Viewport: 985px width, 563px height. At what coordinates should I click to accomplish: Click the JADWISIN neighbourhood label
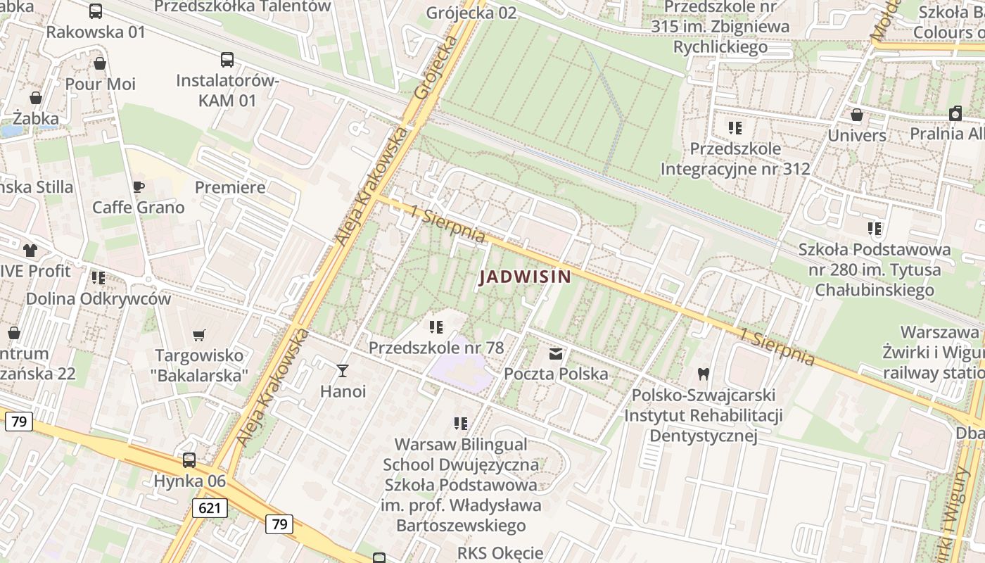click(525, 277)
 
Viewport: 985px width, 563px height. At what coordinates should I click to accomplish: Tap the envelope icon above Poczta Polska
click(556, 353)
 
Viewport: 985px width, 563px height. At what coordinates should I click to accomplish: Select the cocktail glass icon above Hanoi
click(343, 370)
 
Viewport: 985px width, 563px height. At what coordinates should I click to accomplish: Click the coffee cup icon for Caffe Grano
click(139, 186)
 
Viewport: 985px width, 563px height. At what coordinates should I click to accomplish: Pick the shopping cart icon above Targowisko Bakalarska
click(199, 335)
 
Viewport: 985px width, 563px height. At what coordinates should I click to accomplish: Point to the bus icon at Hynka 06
click(189, 460)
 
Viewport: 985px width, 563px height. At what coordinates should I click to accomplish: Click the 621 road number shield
click(210, 507)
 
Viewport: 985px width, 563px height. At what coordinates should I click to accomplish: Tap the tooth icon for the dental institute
click(702, 374)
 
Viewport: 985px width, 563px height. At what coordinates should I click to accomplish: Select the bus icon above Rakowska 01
click(96, 11)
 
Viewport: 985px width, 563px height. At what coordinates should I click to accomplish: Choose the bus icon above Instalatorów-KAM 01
click(227, 60)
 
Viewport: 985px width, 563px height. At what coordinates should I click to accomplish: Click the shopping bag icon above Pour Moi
click(100, 63)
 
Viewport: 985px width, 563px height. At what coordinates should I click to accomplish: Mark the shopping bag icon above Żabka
click(35, 98)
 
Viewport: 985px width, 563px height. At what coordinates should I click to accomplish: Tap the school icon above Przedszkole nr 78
click(436, 327)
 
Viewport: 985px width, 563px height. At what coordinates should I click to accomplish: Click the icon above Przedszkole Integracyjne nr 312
click(735, 128)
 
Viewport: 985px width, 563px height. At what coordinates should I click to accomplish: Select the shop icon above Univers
click(856, 114)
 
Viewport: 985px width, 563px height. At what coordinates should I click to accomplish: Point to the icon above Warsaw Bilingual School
click(461, 424)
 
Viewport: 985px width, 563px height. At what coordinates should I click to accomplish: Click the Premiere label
click(230, 187)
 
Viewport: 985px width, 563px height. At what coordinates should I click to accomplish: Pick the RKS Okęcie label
click(500, 553)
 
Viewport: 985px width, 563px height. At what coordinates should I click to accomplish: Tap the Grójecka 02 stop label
click(471, 13)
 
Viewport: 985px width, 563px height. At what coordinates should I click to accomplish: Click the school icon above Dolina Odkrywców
click(99, 278)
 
